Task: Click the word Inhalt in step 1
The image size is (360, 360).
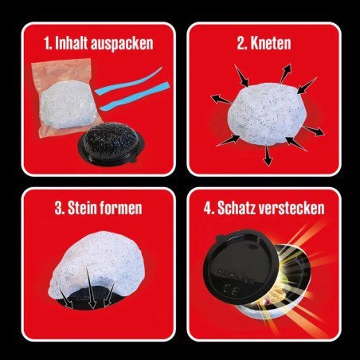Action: (x=71, y=43)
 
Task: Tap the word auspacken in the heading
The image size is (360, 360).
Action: (x=122, y=44)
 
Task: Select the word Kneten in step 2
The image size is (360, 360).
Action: (x=271, y=43)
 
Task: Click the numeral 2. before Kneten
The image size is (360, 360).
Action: (x=242, y=44)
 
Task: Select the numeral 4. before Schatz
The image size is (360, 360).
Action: (x=209, y=208)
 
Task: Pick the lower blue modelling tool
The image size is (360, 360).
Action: (x=134, y=97)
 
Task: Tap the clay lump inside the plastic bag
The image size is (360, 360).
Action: (x=68, y=104)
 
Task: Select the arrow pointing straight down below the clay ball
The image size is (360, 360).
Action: (x=268, y=155)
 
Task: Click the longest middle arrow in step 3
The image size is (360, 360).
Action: (x=90, y=288)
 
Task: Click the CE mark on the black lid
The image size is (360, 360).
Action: (x=229, y=288)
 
